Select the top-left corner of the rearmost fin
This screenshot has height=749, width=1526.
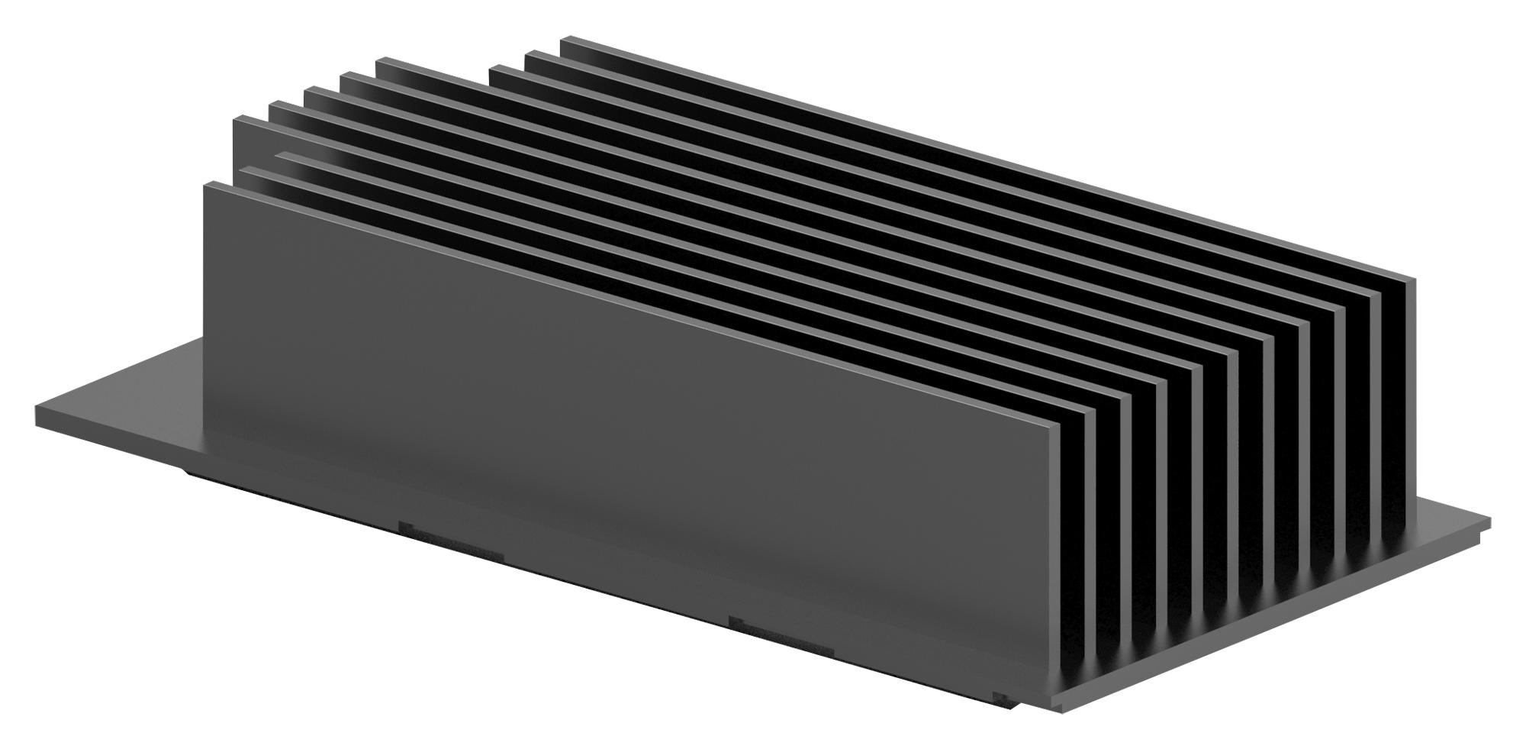(x=563, y=40)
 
